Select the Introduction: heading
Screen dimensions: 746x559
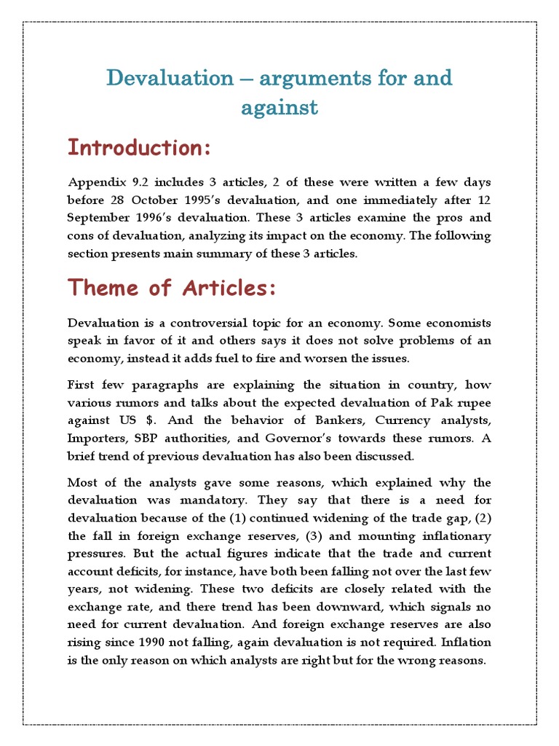coord(139,148)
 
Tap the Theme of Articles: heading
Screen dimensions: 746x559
coord(172,288)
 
